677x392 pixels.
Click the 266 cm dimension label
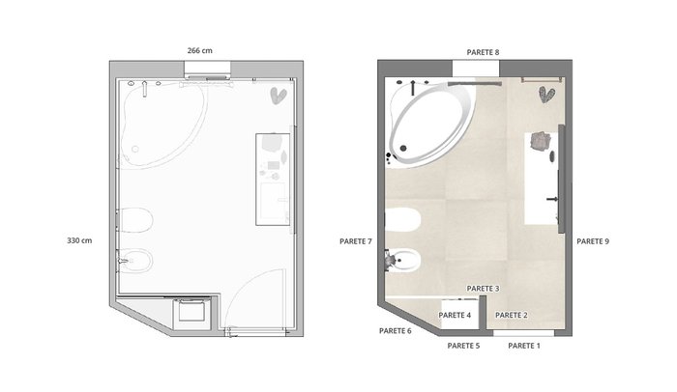tap(199, 50)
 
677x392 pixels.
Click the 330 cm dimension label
tap(79, 240)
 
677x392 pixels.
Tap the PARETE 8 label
tap(483, 52)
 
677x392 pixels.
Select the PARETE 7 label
tap(355, 241)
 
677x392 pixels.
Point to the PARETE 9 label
tap(593, 241)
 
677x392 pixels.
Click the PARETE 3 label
tap(483, 288)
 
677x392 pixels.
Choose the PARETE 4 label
tap(455, 315)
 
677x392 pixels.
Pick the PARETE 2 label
tap(512, 315)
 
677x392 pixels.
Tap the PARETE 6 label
tap(395, 331)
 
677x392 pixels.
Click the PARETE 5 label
tap(463, 346)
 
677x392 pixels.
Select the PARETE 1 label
tap(524, 346)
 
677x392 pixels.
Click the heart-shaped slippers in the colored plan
tap(546, 95)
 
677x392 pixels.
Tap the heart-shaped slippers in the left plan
tap(279, 96)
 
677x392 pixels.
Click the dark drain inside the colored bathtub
tap(403, 149)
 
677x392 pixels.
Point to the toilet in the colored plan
tap(402, 221)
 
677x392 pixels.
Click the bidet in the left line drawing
tap(135, 261)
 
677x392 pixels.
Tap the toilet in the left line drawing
tap(135, 220)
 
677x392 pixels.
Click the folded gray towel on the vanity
tap(541, 141)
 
